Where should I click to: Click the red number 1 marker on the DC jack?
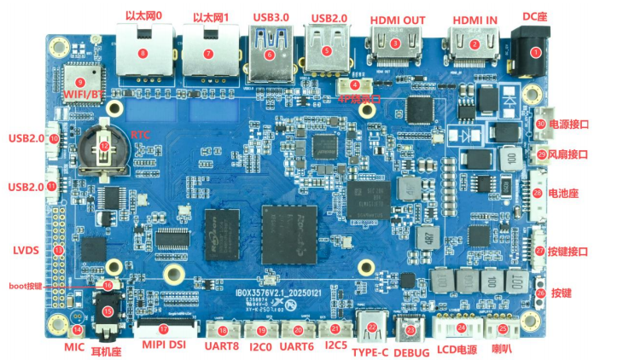[536, 52]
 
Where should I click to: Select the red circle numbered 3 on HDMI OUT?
[394, 42]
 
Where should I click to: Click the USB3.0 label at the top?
[271, 17]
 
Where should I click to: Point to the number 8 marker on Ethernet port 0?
[143, 53]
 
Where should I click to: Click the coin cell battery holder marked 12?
[104, 147]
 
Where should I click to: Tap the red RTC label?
[140, 135]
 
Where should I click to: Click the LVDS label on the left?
[26, 251]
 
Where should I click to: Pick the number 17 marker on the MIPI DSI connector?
[164, 328]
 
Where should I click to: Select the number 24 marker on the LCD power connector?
[462, 328]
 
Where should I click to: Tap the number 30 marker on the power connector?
[541, 123]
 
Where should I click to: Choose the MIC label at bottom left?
[74, 348]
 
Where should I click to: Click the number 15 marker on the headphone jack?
[108, 311]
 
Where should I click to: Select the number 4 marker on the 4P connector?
[355, 84]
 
